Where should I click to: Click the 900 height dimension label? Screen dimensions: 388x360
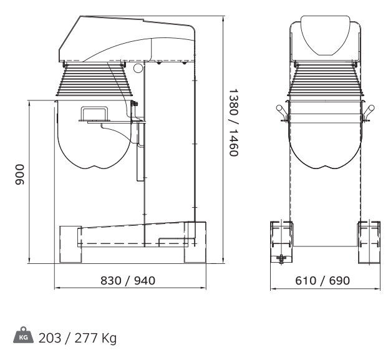20,175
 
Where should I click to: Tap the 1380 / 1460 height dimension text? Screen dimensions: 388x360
233,122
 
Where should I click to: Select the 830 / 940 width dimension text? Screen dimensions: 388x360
128,281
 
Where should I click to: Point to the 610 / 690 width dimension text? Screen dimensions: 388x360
323,281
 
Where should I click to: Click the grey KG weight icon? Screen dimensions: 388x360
23,335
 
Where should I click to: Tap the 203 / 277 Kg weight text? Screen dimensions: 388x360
77,338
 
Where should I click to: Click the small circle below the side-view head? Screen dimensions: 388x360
138,68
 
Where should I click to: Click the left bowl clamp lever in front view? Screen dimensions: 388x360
281,112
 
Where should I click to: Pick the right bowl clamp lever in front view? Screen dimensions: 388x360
369,112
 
